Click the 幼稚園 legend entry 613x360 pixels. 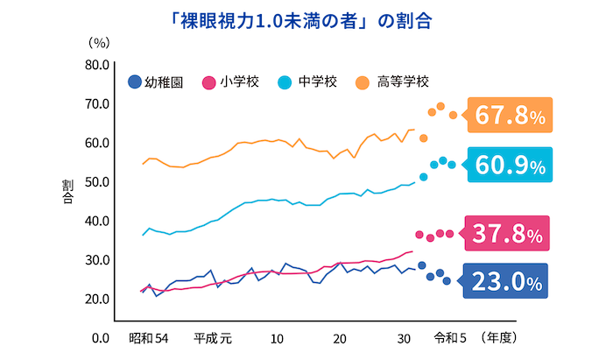[155, 83]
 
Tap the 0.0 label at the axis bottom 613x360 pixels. [99, 338]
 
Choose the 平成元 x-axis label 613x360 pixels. [213, 338]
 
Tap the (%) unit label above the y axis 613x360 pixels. [98, 42]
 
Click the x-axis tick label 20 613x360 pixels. [340, 338]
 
